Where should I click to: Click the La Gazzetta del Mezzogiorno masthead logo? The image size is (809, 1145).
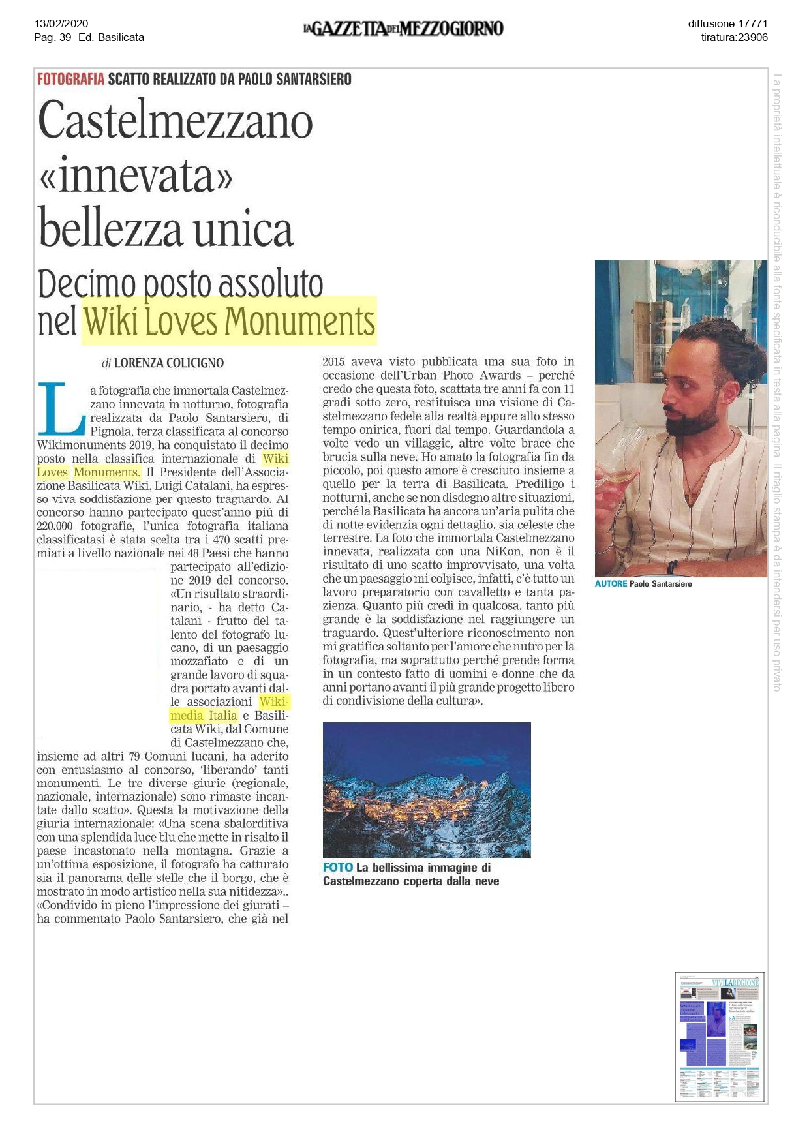tap(403, 29)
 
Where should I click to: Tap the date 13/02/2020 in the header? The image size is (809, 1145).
tap(61, 24)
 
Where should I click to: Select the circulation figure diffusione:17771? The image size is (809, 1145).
tap(727, 24)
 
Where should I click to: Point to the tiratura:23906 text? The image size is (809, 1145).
tap(734, 37)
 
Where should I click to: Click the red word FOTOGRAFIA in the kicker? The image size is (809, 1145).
tap(70, 80)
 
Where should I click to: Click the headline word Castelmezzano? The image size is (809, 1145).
tap(176, 121)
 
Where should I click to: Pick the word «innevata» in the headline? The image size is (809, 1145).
tap(136, 176)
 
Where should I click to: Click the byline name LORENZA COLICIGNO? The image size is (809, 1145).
tap(169, 363)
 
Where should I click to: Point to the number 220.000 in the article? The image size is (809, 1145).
tap(55, 526)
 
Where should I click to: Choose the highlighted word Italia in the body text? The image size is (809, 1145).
tap(223, 716)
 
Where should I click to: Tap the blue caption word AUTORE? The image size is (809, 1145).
tap(611, 584)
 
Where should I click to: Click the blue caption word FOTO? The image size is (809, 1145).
tap(337, 868)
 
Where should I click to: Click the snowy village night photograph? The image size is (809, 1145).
tap(427, 789)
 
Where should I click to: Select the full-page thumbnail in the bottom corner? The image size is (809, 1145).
tap(719, 1037)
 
